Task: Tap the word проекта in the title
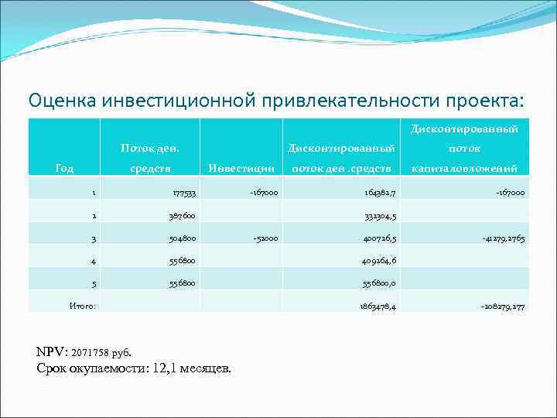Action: [483, 101]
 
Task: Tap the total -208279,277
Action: [503, 307]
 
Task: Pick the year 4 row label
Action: [93, 262]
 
